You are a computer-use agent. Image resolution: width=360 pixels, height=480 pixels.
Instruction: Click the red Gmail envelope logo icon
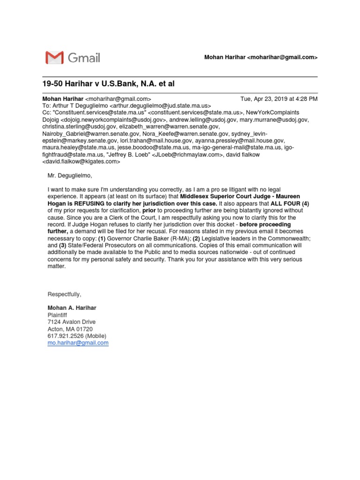54,58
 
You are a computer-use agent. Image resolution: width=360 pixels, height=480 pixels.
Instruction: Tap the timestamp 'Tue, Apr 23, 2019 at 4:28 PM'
278,99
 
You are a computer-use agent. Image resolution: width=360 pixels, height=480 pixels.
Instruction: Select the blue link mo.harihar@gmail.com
78,343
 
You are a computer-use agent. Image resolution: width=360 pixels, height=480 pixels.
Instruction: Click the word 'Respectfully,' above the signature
65,294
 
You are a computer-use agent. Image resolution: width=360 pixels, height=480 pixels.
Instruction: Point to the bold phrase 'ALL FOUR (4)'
290,204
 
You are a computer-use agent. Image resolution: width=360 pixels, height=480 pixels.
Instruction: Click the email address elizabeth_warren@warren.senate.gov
169,127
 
